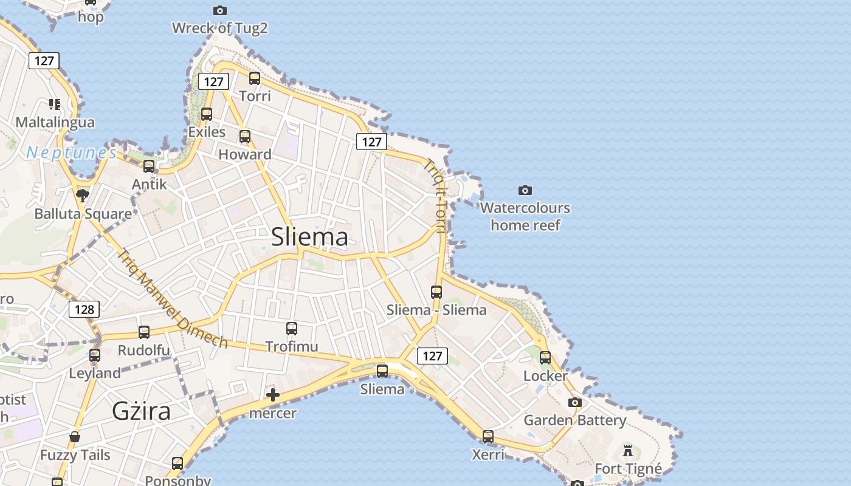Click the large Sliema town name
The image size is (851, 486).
pyautogui.click(x=309, y=236)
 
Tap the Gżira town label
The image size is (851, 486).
pyautogui.click(x=141, y=411)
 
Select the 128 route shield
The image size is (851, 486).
pyautogui.click(x=84, y=309)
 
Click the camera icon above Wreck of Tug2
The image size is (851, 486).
pyautogui.click(x=220, y=10)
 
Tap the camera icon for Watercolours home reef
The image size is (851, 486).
pyautogui.click(x=525, y=190)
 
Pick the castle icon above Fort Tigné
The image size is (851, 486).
pyautogui.click(x=628, y=451)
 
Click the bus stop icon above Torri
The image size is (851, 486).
pyautogui.click(x=255, y=78)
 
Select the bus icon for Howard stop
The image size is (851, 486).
pyautogui.click(x=245, y=136)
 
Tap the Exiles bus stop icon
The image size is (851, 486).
pyautogui.click(x=207, y=114)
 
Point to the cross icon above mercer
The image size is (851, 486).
pyautogui.click(x=273, y=395)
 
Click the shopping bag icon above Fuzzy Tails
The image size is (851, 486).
pyautogui.click(x=75, y=436)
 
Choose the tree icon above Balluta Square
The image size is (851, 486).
pyautogui.click(x=83, y=195)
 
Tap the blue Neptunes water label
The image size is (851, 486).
pyautogui.click(x=71, y=152)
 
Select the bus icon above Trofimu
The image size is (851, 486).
pyautogui.click(x=292, y=329)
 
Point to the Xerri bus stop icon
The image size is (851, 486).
pyautogui.click(x=488, y=436)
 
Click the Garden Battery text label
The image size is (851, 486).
pyautogui.click(x=574, y=420)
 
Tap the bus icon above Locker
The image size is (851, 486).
pyautogui.click(x=545, y=357)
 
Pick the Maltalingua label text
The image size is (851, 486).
pyautogui.click(x=55, y=122)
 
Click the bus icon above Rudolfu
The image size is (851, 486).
pyautogui.click(x=144, y=332)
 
